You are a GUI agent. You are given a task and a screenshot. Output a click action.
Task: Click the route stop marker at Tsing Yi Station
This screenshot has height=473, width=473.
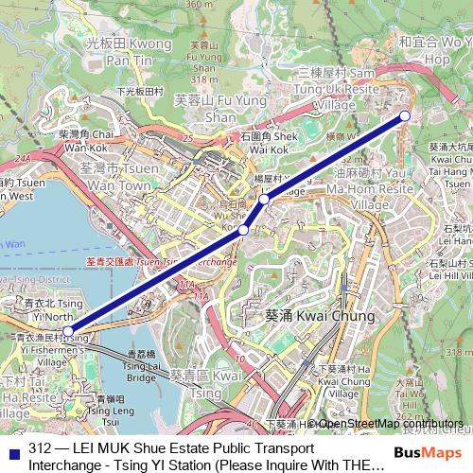[x=67, y=331]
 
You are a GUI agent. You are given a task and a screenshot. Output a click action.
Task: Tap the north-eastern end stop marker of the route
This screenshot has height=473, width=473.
[x=405, y=115]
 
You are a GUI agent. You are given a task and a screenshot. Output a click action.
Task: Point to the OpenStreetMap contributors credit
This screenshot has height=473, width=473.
[x=390, y=424]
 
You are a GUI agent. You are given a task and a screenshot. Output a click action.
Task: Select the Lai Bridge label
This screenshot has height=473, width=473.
[x=142, y=370]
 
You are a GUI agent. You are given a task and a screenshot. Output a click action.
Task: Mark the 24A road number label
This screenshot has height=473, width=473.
[x=23, y=159]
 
